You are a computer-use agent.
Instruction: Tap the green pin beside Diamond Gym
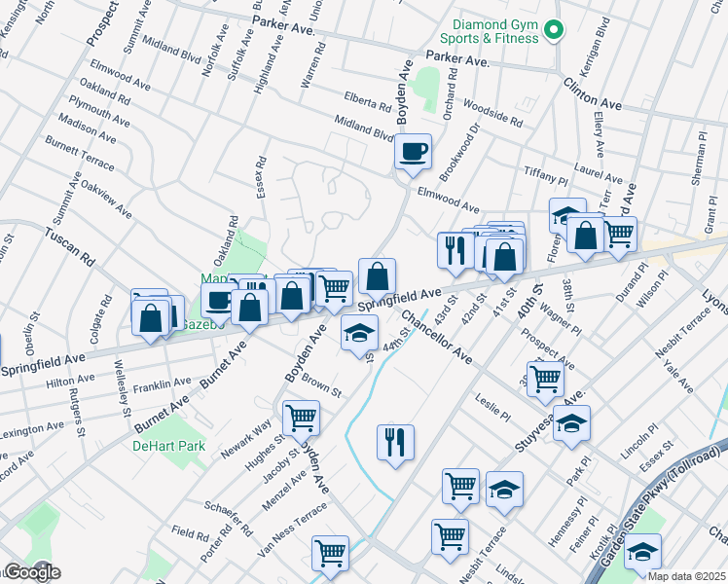tap(554, 31)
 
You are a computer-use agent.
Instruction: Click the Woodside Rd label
tap(493, 113)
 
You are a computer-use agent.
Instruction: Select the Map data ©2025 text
tap(686, 576)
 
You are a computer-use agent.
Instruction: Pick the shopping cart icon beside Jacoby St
tap(301, 418)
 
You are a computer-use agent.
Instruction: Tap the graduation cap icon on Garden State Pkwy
tap(642, 551)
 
